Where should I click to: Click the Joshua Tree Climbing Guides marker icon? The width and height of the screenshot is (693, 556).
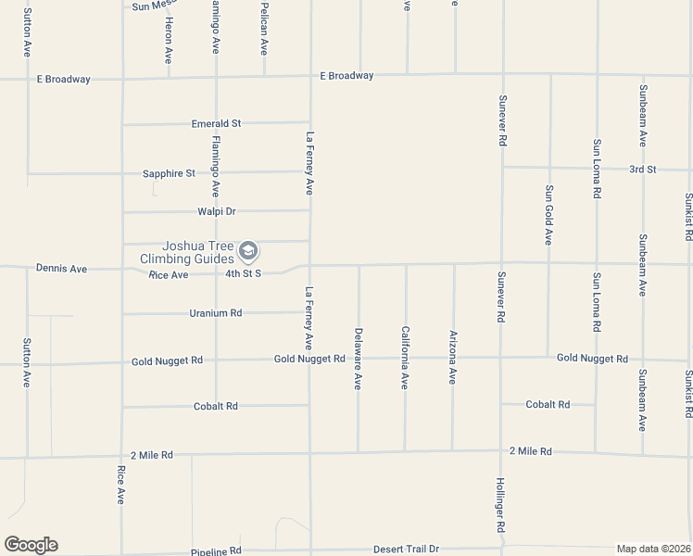(x=247, y=250)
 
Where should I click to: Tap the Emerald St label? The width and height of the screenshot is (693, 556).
(x=216, y=123)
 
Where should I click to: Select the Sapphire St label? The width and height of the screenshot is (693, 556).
(x=169, y=173)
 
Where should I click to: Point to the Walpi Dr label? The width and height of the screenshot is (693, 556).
(x=218, y=211)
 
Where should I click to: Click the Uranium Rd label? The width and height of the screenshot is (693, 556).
(x=215, y=313)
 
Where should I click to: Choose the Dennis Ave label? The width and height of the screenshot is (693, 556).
(x=61, y=269)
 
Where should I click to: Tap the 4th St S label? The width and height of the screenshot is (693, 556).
(x=244, y=274)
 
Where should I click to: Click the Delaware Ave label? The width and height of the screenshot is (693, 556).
(x=358, y=357)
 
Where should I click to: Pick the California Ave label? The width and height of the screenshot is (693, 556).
(x=405, y=357)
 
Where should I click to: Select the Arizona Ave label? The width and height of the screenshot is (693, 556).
(x=453, y=357)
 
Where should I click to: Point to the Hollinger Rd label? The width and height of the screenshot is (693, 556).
(x=500, y=505)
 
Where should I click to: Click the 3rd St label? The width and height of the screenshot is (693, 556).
(x=642, y=170)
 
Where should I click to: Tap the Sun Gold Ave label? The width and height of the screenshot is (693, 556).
(x=548, y=214)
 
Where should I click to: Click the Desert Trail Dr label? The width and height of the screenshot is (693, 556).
(x=406, y=550)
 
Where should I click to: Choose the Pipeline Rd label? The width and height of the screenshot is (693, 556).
(x=216, y=550)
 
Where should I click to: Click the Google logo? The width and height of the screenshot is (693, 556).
(x=31, y=545)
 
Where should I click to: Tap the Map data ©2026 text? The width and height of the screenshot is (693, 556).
(x=653, y=549)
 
